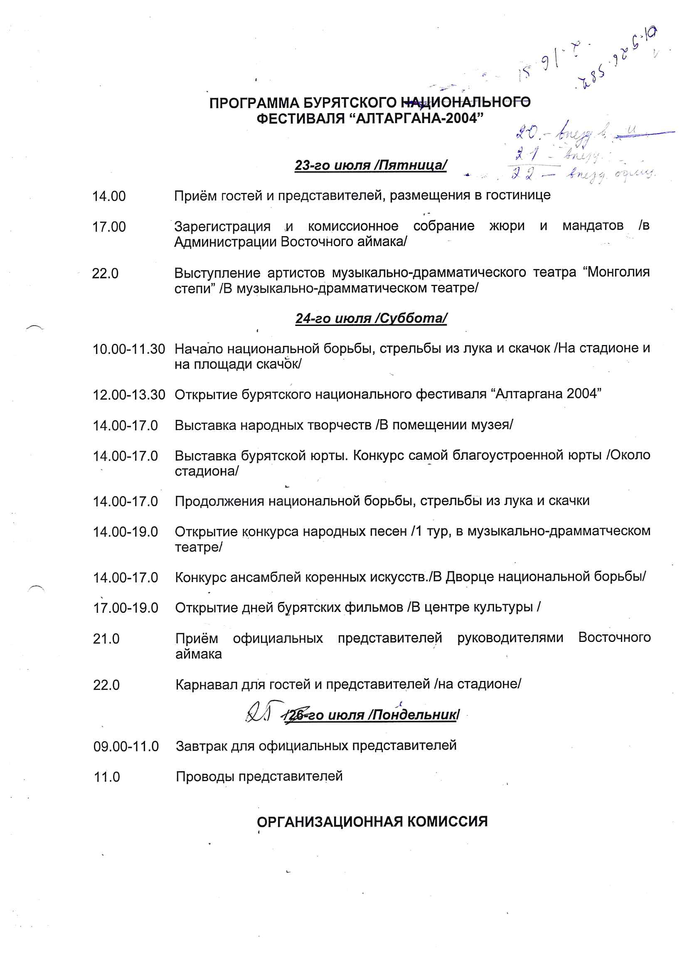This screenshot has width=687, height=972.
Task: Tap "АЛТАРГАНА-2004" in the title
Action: [416, 118]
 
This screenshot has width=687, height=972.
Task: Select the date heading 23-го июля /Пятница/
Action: [370, 165]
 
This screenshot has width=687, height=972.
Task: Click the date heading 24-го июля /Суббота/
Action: [371, 318]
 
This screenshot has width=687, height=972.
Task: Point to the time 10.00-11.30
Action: [129, 349]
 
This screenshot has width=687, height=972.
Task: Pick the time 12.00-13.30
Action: [129, 395]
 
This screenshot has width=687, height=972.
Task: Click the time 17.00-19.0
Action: [125, 608]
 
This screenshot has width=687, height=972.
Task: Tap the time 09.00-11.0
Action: [126, 746]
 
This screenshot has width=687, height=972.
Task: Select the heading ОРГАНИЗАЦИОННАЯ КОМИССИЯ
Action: [372, 822]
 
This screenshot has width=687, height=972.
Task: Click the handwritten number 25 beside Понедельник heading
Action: [259, 714]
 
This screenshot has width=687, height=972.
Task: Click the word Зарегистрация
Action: [222, 227]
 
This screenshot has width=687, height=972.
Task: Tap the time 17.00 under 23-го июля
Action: [109, 227]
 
